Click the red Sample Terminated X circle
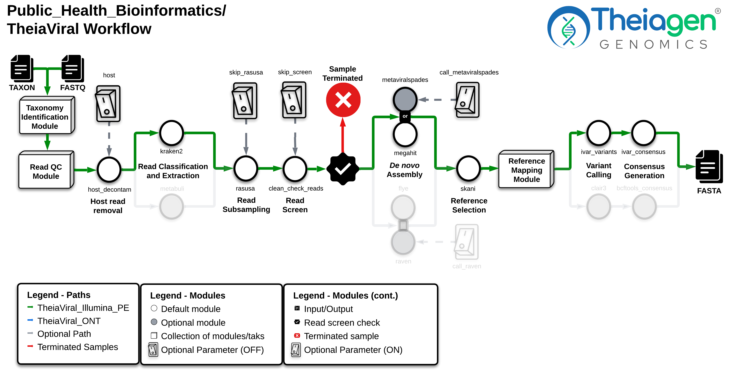pyautogui.click(x=343, y=100)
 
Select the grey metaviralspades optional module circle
pyautogui.click(x=405, y=99)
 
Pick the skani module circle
pyautogui.click(x=468, y=168)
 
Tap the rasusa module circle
pyautogui.click(x=246, y=168)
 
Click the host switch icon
pyautogui.click(x=108, y=104)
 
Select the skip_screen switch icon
pyautogui.click(x=294, y=100)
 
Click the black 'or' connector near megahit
pyautogui.click(x=405, y=116)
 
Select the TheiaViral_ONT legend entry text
pyautogui.click(x=69, y=321)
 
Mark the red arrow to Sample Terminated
pyautogui.click(x=343, y=135)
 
